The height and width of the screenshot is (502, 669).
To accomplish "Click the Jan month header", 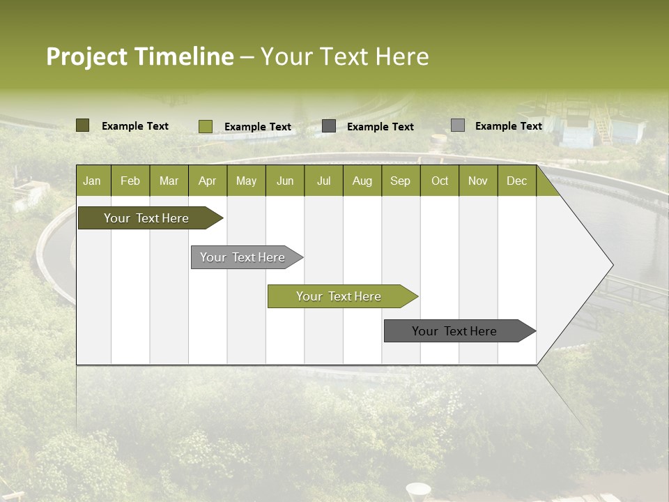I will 92,181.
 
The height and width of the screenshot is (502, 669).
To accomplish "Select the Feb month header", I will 130,181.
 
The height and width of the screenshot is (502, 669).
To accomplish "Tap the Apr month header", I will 207,181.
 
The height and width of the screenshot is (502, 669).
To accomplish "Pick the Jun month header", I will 285,181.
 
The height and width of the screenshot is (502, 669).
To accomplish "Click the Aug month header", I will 362,181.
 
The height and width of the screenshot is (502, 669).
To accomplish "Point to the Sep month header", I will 400,181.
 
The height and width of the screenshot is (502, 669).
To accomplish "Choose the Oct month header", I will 440,181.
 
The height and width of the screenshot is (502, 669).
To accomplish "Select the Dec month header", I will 516,181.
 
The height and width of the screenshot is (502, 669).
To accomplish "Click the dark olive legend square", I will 83,125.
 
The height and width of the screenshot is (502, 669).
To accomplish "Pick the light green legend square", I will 206,126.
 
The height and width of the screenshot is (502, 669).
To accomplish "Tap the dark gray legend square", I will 329,126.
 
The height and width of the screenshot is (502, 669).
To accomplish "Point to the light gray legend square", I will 458,125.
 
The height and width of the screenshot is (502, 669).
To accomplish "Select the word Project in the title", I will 86,56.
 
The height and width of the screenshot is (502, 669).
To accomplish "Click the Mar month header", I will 169,181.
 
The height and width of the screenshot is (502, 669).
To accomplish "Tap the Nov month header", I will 478,181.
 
